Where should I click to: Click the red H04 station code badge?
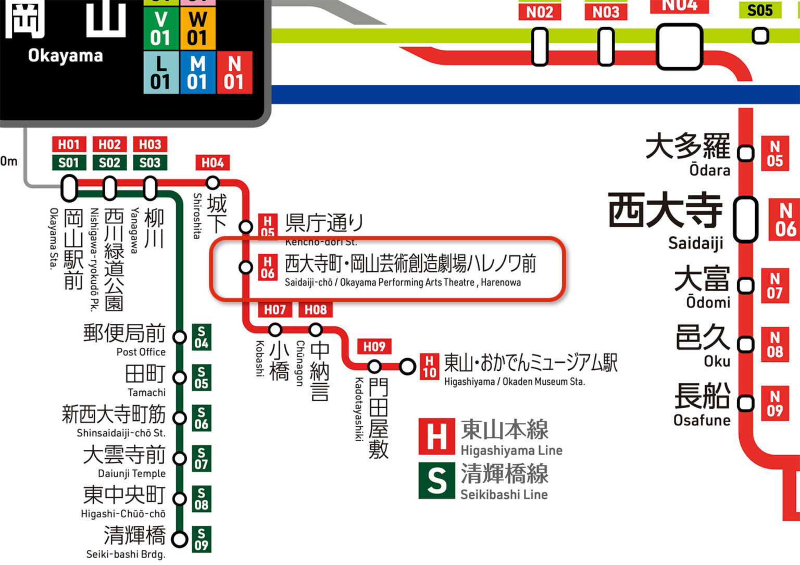pyautogui.click(x=213, y=162)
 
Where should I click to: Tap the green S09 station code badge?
pyautogui.click(x=201, y=539)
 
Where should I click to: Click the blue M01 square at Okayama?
pyautogui.click(x=197, y=73)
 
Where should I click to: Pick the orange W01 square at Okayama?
pyautogui.click(x=197, y=29)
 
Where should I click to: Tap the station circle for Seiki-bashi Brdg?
pyautogui.click(x=180, y=539)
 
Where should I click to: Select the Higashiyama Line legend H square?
pyautogui.click(x=436, y=436)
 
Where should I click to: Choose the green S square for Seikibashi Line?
pyautogui.click(x=436, y=480)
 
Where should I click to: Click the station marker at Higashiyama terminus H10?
pyautogui.click(x=407, y=367)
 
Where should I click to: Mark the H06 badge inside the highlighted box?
pyautogui.click(x=268, y=267)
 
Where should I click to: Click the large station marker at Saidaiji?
pyautogui.click(x=745, y=219)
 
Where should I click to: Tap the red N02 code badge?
pyautogui.click(x=539, y=11)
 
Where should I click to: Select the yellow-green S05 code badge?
pyautogui.click(x=760, y=10)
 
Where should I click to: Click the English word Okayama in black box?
pyautogui.click(x=66, y=56)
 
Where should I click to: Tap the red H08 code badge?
pyautogui.click(x=316, y=310)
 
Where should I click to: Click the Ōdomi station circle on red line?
pyautogui.click(x=746, y=285)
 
